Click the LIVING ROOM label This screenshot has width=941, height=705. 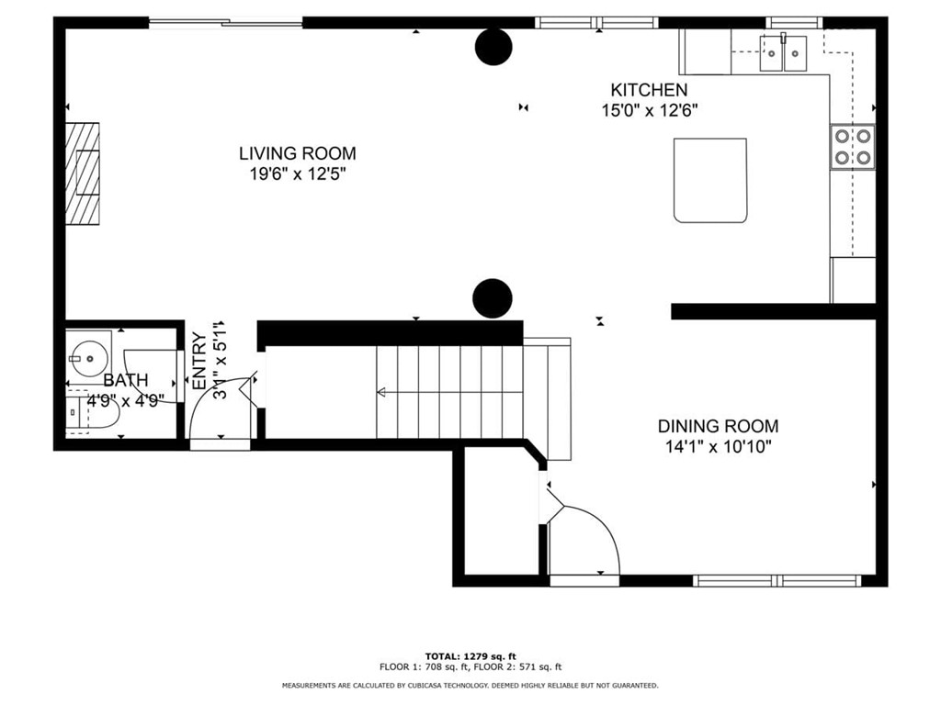click(x=297, y=153)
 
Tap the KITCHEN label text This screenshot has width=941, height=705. click(x=649, y=90)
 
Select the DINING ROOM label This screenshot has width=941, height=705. click(x=718, y=426)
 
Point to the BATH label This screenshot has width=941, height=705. click(x=125, y=380)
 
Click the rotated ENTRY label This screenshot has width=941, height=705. click(x=199, y=362)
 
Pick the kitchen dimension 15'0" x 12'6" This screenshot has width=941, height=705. click(x=650, y=111)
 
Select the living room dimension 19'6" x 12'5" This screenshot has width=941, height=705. click(x=298, y=174)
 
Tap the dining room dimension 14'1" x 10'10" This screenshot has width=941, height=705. click(x=718, y=447)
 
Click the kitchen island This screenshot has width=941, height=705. click(x=710, y=181)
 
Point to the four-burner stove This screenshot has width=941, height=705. click(x=853, y=147)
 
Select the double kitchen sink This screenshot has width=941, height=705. click(x=783, y=53)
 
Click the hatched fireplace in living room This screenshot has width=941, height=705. click(x=82, y=173)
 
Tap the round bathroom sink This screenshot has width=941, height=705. click(x=89, y=359)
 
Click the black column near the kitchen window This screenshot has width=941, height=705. click(x=493, y=47)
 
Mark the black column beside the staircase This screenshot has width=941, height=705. click(x=493, y=298)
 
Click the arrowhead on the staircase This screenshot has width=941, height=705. click(x=381, y=393)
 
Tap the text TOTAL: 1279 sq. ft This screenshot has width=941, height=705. click(x=470, y=656)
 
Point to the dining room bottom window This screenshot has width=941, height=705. click(x=777, y=580)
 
